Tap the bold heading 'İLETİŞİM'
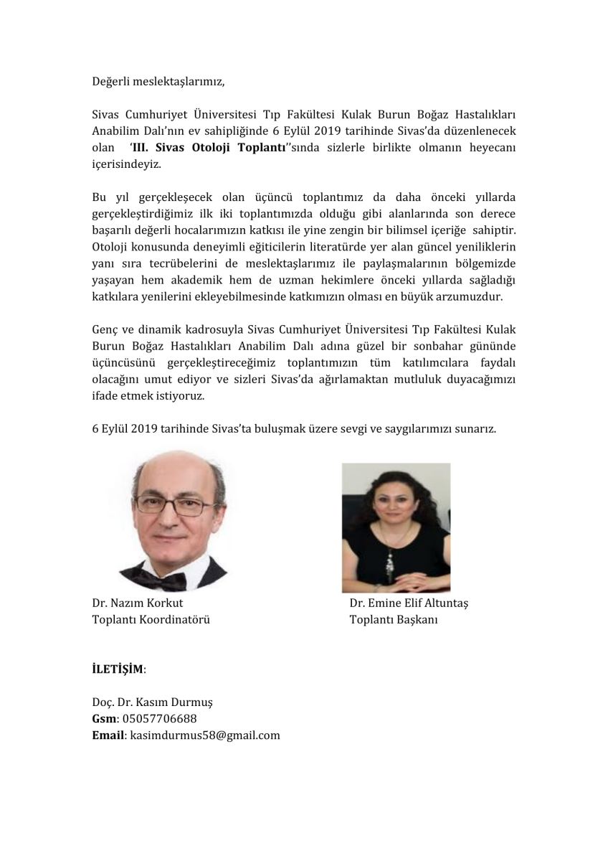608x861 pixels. click(117, 669)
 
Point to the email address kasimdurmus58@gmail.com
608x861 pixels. click(205, 735)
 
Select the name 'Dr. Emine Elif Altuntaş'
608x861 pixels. click(408, 603)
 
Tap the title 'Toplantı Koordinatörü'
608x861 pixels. click(151, 619)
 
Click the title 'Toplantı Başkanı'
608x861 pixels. click(394, 619)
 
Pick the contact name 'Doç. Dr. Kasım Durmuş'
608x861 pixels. click(153, 702)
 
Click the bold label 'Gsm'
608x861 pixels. click(103, 718)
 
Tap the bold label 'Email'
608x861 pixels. click(108, 735)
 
